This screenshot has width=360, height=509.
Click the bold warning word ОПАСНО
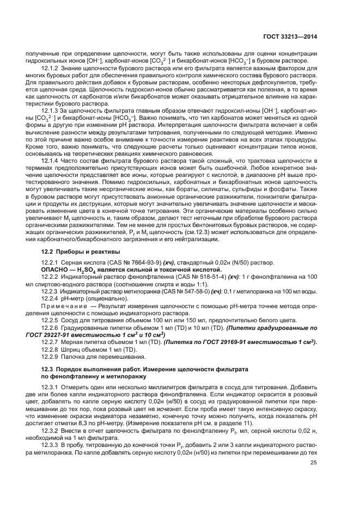55,269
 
